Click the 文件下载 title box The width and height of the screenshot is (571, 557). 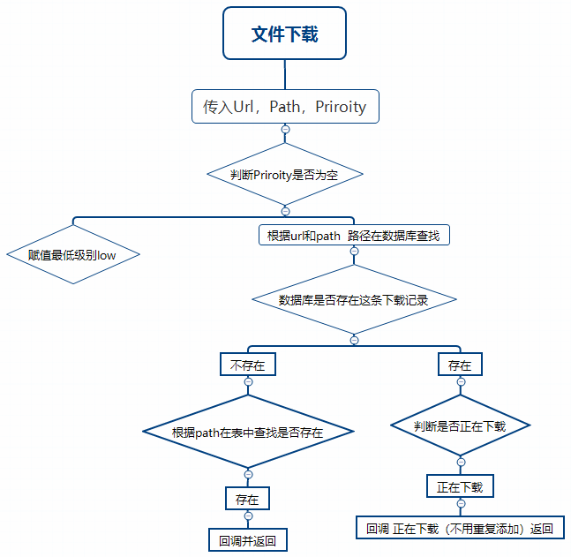tap(284, 34)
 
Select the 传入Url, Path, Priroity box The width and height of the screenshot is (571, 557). tap(285, 107)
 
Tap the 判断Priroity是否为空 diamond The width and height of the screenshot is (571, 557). tap(284, 175)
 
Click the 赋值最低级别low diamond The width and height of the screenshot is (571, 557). tap(72, 255)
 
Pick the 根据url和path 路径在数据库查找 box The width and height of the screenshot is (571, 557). tap(353, 236)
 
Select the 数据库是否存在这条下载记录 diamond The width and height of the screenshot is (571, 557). tap(354, 300)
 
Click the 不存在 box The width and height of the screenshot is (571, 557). tap(247, 365)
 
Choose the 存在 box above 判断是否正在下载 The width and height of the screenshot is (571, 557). tap(460, 365)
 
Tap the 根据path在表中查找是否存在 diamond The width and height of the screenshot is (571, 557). tap(248, 433)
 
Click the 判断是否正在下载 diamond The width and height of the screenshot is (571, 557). tap(460, 426)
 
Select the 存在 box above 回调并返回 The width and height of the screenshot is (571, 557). tap(247, 499)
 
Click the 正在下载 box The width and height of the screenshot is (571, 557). tap(460, 486)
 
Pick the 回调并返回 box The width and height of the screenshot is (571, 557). tap(247, 539)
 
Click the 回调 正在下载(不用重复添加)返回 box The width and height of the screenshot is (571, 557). tap(460, 529)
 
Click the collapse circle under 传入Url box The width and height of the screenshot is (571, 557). tap(285, 130)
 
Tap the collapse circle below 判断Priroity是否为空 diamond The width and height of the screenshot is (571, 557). tap(285, 211)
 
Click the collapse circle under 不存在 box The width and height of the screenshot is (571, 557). tap(248, 381)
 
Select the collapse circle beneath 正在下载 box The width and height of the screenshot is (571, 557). tap(460, 504)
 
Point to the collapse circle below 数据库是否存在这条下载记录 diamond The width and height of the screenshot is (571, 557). tap(354, 340)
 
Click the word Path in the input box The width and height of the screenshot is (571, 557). tap(284, 107)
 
